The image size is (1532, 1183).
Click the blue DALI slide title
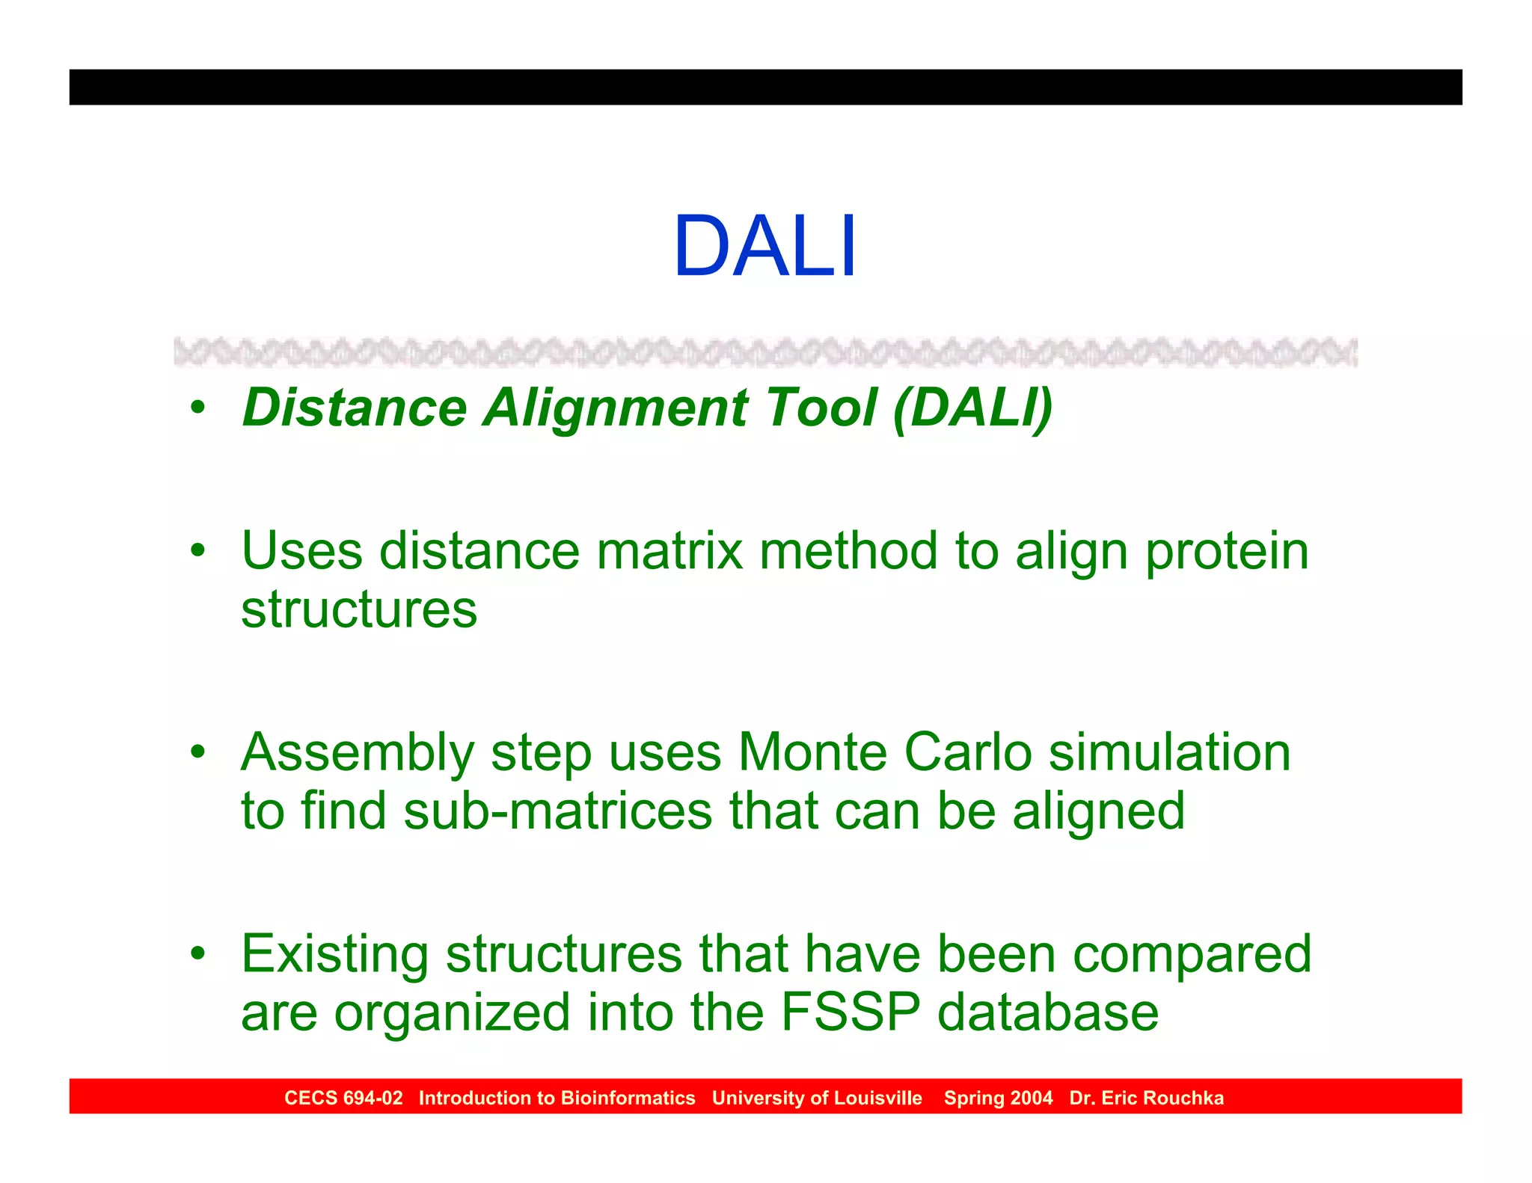(765, 247)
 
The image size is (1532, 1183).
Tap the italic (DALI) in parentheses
(972, 408)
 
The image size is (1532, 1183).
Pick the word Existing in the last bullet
(334, 956)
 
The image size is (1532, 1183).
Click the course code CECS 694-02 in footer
(343, 1098)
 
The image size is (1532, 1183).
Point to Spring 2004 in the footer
(998, 1098)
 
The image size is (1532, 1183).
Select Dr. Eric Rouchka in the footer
(1146, 1098)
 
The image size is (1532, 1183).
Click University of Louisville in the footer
(817, 1098)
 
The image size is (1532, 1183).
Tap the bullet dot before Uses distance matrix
(197, 551)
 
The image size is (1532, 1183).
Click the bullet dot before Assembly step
(197, 752)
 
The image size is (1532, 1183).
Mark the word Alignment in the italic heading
(615, 408)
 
